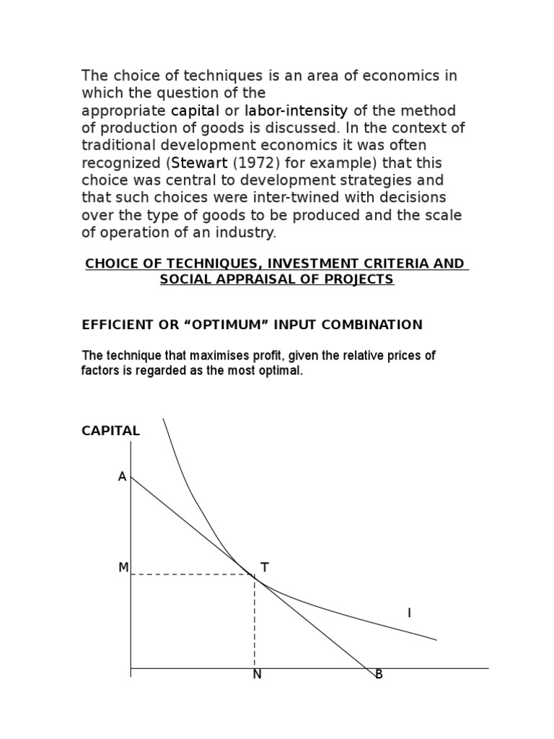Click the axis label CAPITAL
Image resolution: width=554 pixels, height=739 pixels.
click(110, 431)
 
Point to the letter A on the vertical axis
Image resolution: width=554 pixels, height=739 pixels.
click(122, 477)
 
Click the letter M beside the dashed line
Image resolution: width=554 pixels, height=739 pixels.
click(123, 568)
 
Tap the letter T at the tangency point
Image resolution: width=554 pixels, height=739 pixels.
click(264, 568)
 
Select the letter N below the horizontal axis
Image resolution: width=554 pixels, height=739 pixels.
click(257, 675)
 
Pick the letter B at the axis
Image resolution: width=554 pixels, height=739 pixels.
click(379, 675)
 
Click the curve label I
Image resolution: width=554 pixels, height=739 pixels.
click(409, 613)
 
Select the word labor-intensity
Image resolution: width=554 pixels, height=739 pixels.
click(296, 111)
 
